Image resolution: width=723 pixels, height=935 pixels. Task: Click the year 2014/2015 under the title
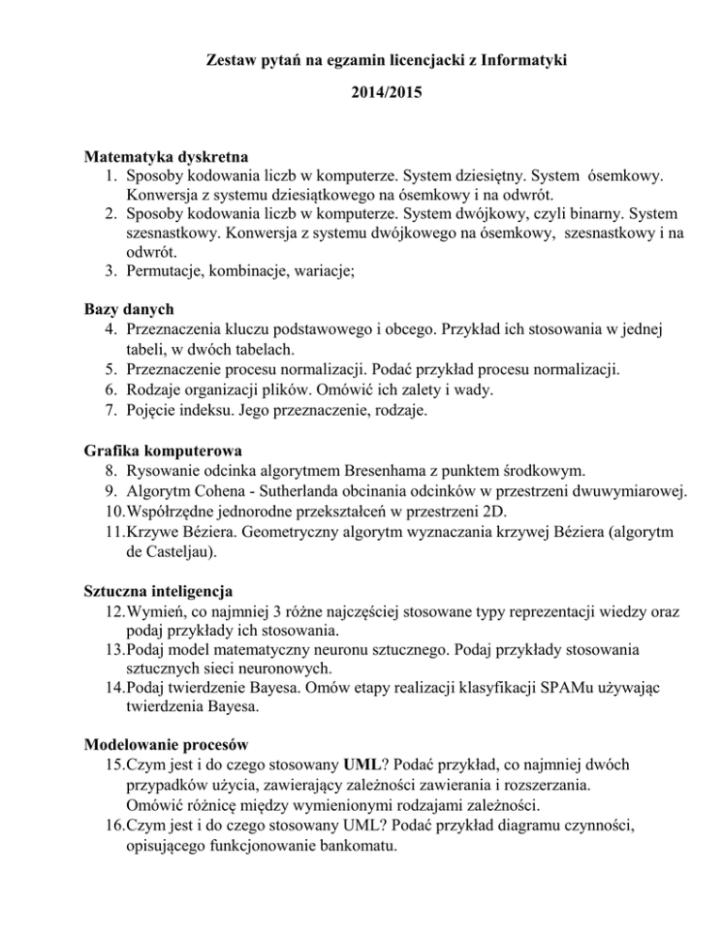361,96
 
